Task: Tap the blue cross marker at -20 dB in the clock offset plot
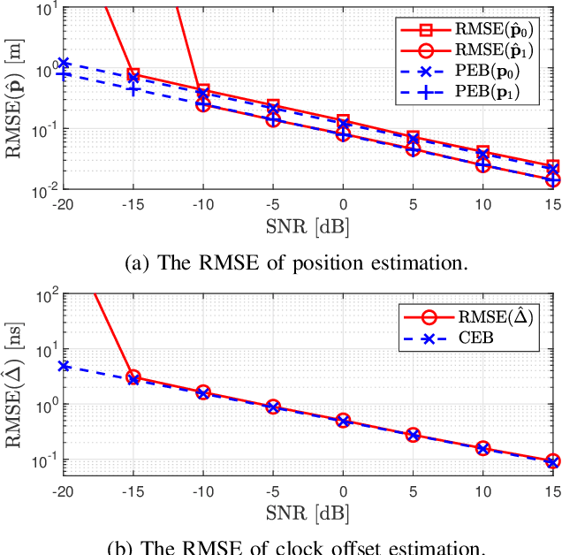(64, 366)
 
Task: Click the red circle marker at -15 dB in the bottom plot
(133, 377)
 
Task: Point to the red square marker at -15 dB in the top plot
(133, 75)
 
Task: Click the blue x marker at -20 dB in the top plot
(64, 64)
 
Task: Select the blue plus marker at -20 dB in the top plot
(64, 74)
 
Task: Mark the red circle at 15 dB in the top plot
(552, 179)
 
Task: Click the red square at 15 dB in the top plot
(552, 166)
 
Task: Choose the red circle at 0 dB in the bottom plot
(343, 421)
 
